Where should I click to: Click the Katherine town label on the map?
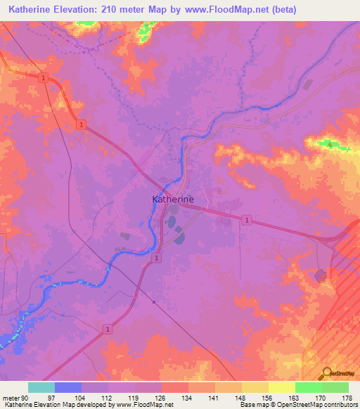point(173,199)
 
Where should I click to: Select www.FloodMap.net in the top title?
point(221,10)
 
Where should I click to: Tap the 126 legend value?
point(162,397)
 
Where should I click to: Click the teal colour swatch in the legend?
point(41,387)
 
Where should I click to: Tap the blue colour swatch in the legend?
point(68,387)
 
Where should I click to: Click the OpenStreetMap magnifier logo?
point(327,372)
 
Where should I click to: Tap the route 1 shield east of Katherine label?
point(247,221)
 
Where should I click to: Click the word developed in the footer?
point(98,405)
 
